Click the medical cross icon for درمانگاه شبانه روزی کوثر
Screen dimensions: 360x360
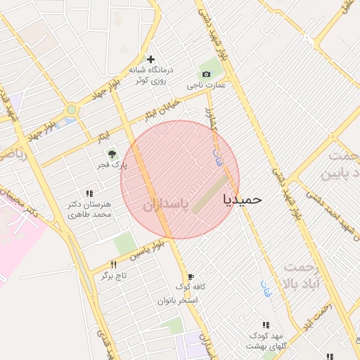[x=150, y=59]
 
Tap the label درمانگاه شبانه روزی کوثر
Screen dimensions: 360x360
[x=148, y=75]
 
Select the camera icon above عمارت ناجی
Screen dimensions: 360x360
[x=205, y=74]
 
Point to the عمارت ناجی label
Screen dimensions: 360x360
[x=205, y=85]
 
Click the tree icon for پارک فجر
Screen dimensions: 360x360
[x=110, y=153]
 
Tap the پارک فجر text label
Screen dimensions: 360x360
[x=110, y=165]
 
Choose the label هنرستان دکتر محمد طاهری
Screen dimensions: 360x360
[x=89, y=209]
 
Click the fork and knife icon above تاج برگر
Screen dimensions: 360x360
[x=113, y=264]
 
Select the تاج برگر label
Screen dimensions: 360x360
[x=113, y=276]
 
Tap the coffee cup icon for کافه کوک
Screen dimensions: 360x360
[x=189, y=277]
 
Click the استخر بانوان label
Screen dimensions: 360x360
[x=178, y=300]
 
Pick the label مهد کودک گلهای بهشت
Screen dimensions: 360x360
[x=266, y=341]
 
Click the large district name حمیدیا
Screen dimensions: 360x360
[x=242, y=199]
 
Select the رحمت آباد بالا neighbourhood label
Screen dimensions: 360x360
[x=302, y=275]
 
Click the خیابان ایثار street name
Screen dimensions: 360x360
[x=161, y=109]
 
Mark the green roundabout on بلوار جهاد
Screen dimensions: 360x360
[x=71, y=110]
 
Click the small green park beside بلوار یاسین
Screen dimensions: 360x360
[x=125, y=244]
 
